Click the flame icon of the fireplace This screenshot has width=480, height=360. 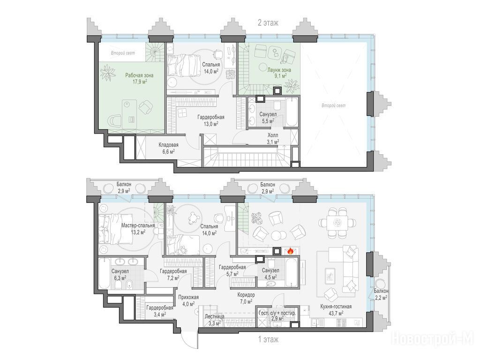(290, 251)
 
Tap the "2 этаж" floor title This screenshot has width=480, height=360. (268, 22)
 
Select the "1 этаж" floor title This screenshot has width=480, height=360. (269, 339)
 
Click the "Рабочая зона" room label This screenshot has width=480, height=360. (139, 75)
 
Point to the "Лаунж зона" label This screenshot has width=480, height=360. (279, 70)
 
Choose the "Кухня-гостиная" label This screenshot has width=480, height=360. (336, 307)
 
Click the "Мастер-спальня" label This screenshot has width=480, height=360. (138, 225)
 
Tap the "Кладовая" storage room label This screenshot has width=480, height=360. (168, 145)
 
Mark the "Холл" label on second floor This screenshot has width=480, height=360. (273, 135)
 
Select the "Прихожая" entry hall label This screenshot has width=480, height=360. (188, 297)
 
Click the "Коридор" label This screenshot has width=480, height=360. (246, 295)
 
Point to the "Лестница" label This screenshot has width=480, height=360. (215, 316)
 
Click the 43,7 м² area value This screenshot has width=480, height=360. (336, 313)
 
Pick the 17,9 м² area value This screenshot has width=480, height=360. (139, 82)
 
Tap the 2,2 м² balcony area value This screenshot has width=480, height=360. (381, 297)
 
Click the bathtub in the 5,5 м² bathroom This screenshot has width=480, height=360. (292, 112)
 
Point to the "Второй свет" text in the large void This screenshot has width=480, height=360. (333, 105)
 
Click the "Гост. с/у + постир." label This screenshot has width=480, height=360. (277, 314)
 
